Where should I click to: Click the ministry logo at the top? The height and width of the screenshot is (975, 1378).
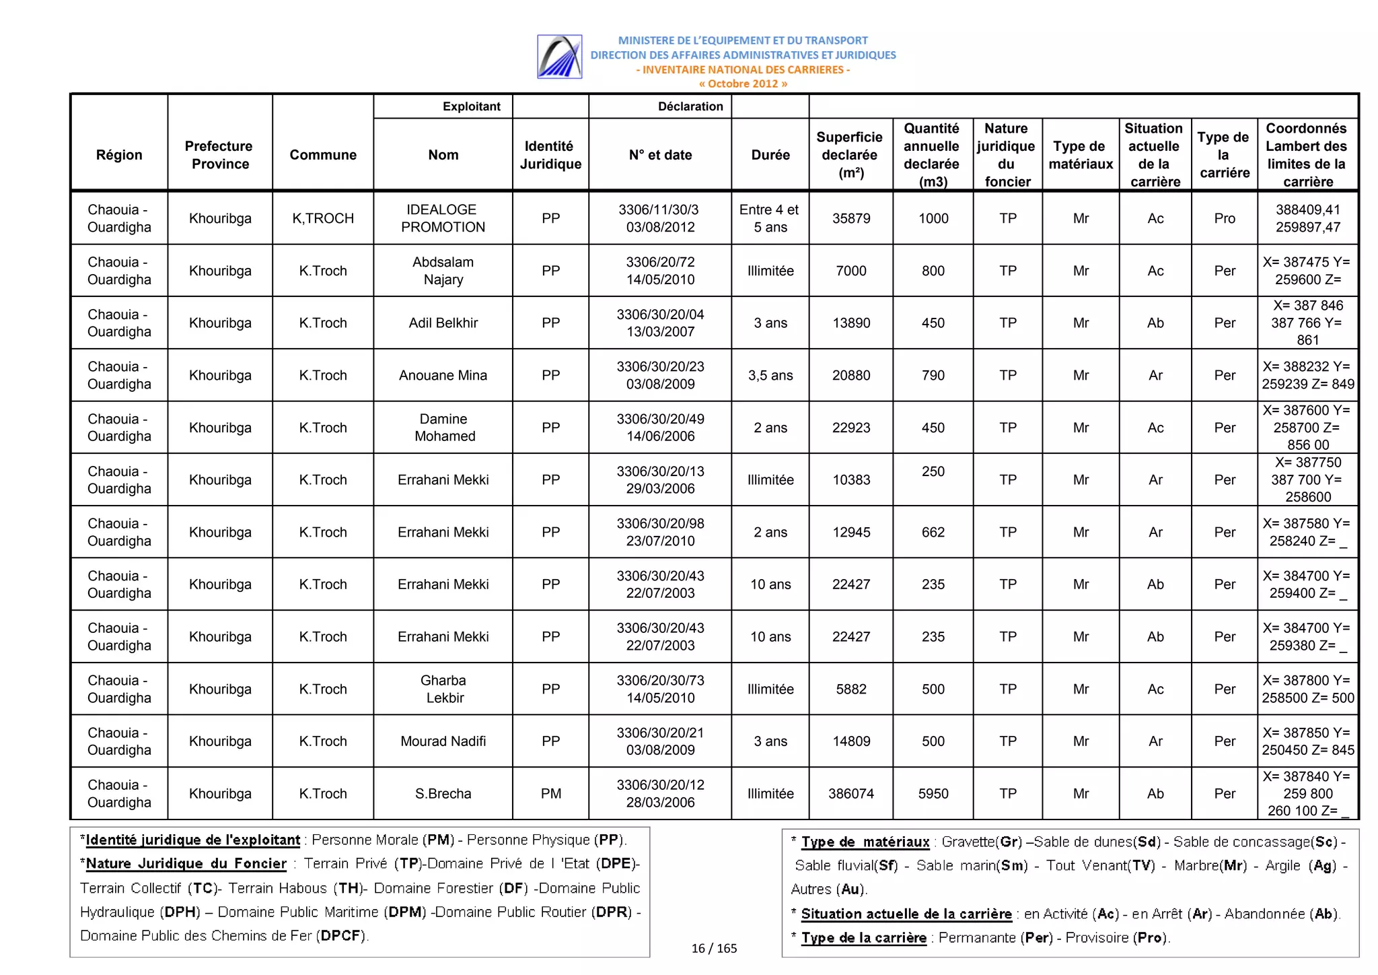559,57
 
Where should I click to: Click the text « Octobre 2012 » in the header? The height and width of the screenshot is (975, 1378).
742,83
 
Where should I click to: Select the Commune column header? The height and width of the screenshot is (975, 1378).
323,155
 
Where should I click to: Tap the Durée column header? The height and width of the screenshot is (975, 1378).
770,155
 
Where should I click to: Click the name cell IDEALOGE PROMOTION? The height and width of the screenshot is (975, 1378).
443,218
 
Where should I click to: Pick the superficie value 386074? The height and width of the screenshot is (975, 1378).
850,793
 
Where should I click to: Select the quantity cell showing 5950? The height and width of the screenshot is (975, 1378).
933,793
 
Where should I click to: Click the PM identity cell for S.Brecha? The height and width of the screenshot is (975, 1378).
550,793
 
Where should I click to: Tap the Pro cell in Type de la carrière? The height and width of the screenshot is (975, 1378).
1224,218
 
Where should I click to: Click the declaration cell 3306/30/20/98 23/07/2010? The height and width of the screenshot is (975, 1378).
660,532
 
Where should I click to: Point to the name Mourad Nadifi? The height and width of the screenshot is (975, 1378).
443,741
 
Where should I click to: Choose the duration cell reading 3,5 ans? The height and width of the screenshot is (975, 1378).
770,375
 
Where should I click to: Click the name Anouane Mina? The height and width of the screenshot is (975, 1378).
443,375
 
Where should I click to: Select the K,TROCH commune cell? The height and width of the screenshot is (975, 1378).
323,218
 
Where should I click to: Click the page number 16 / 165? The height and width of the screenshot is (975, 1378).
714,948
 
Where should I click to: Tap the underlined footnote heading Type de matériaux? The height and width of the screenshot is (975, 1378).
865,842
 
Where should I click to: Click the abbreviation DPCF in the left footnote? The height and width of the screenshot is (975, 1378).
342,935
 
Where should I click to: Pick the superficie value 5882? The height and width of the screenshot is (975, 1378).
850,689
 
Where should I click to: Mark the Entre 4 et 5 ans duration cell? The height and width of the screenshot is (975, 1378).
770,218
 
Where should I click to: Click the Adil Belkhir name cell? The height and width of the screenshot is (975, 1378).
443,323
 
